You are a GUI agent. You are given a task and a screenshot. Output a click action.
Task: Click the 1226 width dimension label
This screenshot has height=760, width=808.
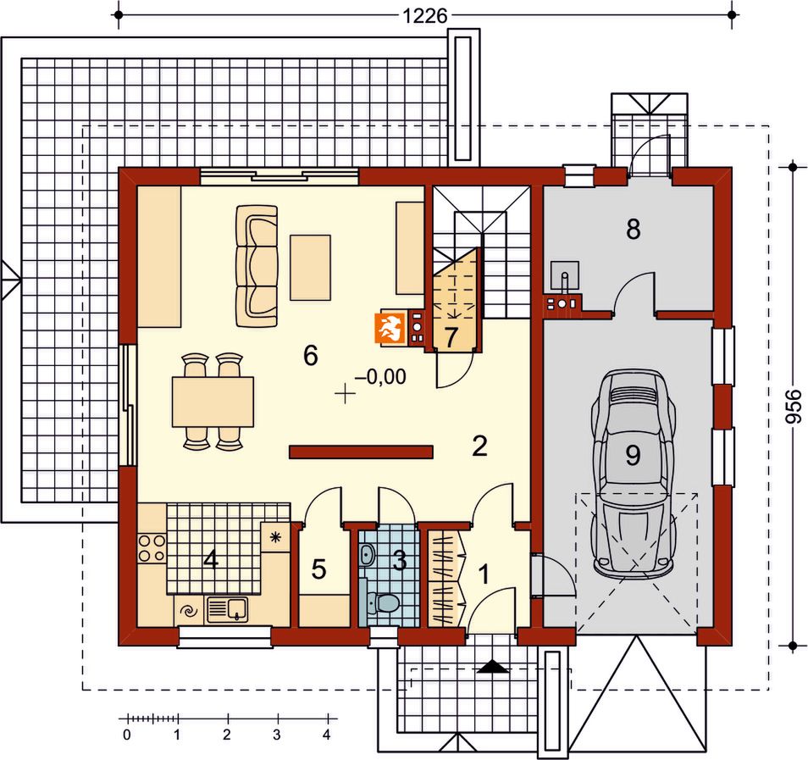[x=424, y=16]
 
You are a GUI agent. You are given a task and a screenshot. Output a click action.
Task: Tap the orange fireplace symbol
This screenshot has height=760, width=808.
[x=390, y=328]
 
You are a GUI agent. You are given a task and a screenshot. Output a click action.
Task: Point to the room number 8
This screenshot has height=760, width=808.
[x=634, y=229]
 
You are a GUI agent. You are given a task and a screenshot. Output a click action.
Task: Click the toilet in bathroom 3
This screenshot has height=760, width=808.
[x=382, y=602]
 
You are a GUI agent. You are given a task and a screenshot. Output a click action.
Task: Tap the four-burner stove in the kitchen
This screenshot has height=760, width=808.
[x=152, y=548]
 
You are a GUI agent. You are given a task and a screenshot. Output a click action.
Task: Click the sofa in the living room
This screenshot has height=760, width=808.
[x=257, y=266]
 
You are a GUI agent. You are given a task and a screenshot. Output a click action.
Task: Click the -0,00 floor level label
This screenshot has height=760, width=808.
[x=380, y=377]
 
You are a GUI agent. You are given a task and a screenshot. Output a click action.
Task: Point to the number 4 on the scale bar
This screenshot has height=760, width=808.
[x=327, y=735]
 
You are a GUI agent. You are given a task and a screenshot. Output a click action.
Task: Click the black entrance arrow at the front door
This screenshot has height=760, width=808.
[x=493, y=667]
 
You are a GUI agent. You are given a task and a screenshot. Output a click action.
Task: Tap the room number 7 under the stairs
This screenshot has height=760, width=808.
[x=451, y=337]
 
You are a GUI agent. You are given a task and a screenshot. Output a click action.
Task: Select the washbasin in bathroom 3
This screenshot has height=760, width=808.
[x=367, y=555]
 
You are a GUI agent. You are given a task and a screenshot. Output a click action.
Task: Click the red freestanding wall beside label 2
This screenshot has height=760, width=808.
[x=361, y=452]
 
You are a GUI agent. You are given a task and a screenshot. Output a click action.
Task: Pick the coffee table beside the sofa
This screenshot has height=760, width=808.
[x=310, y=267]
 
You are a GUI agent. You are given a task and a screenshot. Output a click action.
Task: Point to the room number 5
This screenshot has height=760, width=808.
[x=319, y=569]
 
